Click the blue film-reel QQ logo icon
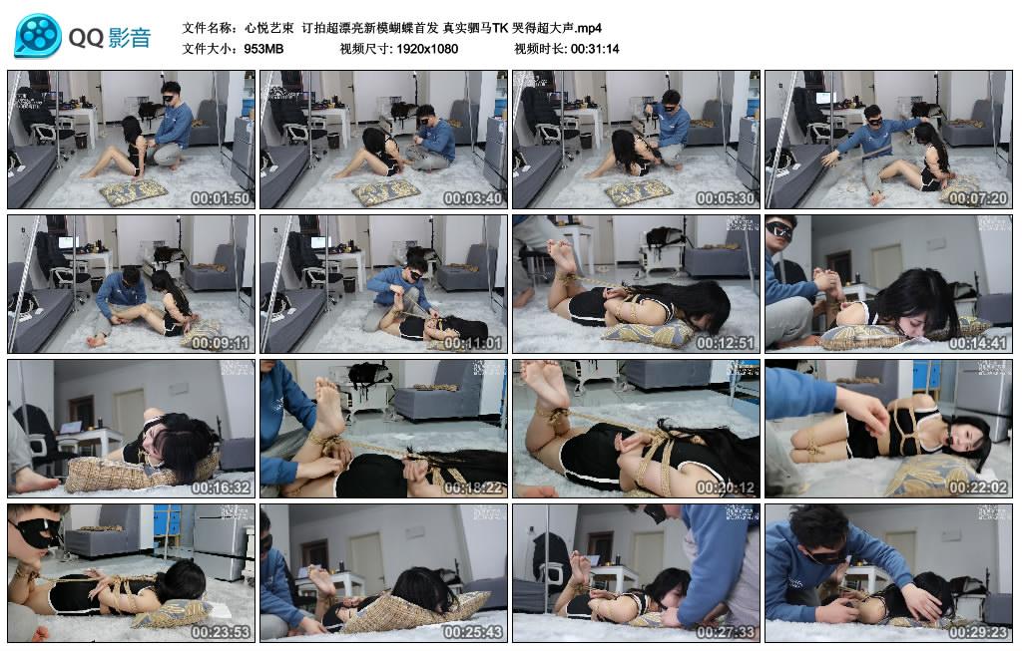(x=37, y=36)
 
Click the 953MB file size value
(x=263, y=48)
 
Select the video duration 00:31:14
(x=595, y=48)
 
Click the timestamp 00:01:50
(x=223, y=198)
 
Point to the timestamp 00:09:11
(x=223, y=343)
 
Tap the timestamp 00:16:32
(x=223, y=488)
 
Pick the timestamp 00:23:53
(x=223, y=632)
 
